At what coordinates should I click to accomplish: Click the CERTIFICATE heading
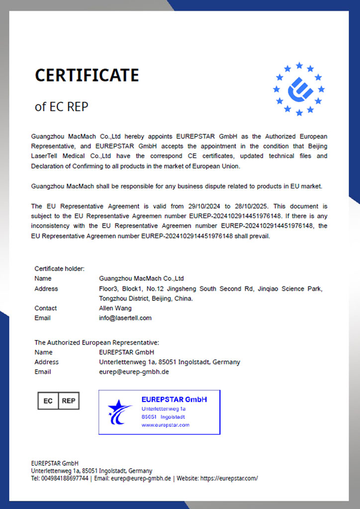point(87,75)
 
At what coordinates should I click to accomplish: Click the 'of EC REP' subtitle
point(61,106)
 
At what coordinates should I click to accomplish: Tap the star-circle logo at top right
point(299,89)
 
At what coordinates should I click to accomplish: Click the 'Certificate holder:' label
point(59,268)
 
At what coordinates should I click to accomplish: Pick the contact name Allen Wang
point(115,308)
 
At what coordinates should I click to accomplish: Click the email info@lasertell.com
point(125,318)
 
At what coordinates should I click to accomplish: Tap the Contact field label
point(46,308)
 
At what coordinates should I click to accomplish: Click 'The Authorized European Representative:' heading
point(96,342)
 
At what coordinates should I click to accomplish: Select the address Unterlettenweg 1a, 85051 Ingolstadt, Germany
point(170,362)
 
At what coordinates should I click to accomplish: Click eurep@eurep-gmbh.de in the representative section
point(134,372)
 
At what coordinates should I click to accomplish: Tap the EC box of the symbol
point(48,401)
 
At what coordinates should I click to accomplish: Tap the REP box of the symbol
point(69,401)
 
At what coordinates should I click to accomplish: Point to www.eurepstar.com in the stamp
point(165,425)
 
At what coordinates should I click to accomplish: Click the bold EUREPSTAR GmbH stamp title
point(174,400)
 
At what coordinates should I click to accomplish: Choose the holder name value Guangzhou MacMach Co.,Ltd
point(142,278)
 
